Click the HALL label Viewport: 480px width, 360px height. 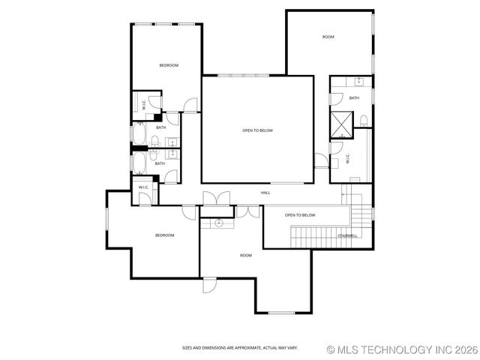tap(265, 193)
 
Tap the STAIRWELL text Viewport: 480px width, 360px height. tap(347, 235)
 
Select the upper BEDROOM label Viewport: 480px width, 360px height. tap(169, 65)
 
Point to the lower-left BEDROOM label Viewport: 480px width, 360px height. tap(164, 235)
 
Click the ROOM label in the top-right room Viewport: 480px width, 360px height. tap(328, 37)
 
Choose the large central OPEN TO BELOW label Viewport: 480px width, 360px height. tap(257, 130)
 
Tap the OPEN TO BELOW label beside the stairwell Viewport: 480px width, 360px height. tap(300, 215)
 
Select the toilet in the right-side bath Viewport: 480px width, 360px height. tap(364, 121)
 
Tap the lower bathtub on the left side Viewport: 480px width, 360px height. tap(139, 163)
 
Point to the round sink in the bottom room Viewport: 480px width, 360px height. tap(219, 223)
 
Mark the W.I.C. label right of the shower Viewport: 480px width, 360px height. tap(348, 159)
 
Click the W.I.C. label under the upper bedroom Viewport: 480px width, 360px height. tap(144, 106)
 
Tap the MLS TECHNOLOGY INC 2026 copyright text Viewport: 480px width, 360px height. tap(402, 349)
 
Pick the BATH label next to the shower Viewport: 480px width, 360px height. tap(354, 97)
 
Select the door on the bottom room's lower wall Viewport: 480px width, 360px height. tap(209, 284)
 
